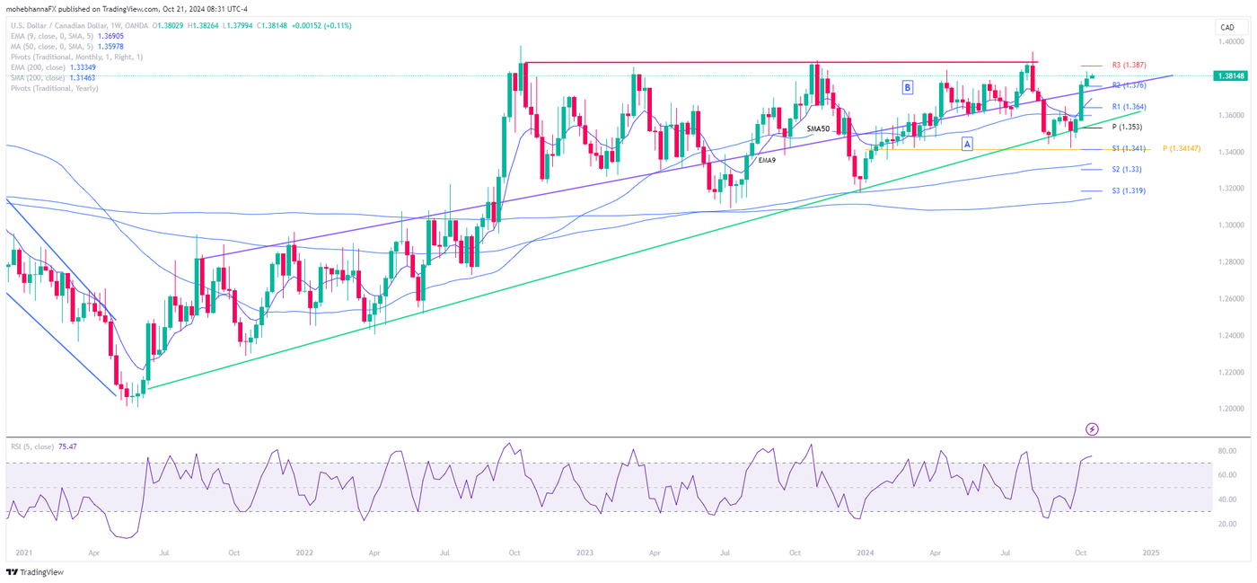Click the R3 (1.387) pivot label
click(1128, 66)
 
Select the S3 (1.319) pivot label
click(1129, 190)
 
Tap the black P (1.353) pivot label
click(1127, 127)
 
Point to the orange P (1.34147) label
click(1182, 148)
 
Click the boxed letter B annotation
click(908, 87)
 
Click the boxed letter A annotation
click(967, 144)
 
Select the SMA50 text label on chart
click(818, 128)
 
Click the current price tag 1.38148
click(1227, 76)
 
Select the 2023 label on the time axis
click(585, 553)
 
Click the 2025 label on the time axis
click(1151, 553)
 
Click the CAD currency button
click(1227, 28)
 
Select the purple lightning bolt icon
click(1093, 429)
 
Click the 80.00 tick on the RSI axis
click(1226, 451)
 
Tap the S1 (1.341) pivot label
click(1129, 148)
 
